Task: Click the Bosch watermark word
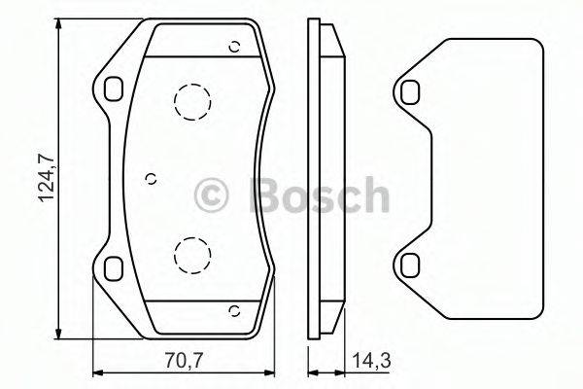click(x=320, y=195)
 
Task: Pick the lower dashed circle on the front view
click(x=191, y=255)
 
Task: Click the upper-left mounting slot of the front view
click(x=114, y=88)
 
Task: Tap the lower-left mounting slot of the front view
click(x=114, y=266)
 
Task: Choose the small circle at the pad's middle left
click(x=150, y=177)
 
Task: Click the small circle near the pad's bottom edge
click(x=233, y=310)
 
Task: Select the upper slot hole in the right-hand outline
click(x=411, y=91)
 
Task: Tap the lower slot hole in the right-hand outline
click(x=411, y=264)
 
